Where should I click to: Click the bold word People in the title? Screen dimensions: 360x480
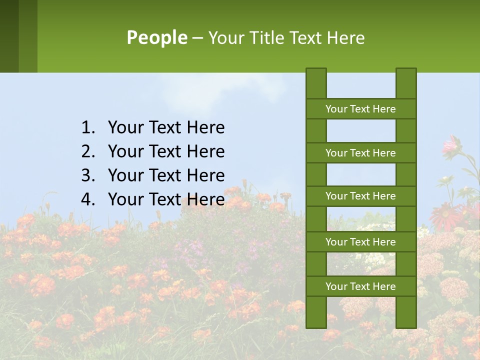click(x=156, y=37)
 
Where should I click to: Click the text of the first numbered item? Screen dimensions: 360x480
click(x=166, y=128)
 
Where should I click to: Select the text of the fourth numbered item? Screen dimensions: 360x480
click(x=166, y=199)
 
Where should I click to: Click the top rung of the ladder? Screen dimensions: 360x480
click(x=360, y=109)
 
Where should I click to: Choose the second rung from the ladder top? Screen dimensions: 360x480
click(x=360, y=153)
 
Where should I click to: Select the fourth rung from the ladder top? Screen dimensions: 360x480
click(x=360, y=242)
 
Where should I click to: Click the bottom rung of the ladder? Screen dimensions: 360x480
click(x=360, y=286)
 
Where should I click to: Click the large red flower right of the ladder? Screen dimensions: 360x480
click(x=445, y=215)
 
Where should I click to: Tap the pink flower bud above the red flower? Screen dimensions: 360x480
click(x=452, y=144)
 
